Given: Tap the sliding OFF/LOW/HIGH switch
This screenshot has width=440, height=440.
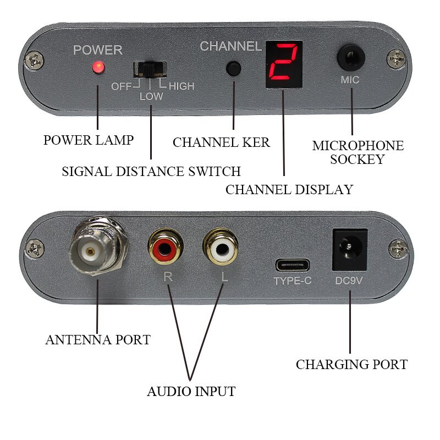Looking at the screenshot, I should click(x=150, y=69).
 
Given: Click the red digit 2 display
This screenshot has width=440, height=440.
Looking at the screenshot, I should click(x=284, y=64).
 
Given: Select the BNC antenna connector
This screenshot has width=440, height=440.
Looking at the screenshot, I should click(x=98, y=250).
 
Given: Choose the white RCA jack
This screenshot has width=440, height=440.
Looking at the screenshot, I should click(x=221, y=249).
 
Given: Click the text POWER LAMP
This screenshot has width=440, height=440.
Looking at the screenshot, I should click(x=89, y=140).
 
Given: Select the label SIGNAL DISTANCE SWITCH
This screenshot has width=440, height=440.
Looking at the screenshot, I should click(x=151, y=171).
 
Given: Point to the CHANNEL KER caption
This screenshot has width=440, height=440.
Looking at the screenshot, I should click(x=221, y=142).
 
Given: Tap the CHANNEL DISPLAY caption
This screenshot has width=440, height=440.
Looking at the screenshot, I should click(x=289, y=190).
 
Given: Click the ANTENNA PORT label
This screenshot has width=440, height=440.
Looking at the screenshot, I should click(x=98, y=340).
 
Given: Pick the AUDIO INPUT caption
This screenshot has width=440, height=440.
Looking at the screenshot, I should click(x=191, y=392).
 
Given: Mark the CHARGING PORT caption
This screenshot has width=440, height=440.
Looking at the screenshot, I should click(x=351, y=365).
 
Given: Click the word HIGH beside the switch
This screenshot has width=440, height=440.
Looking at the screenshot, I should click(x=181, y=86).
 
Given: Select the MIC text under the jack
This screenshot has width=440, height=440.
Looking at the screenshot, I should click(x=350, y=80).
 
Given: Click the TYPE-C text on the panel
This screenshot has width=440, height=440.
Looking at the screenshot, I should click(x=293, y=281).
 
